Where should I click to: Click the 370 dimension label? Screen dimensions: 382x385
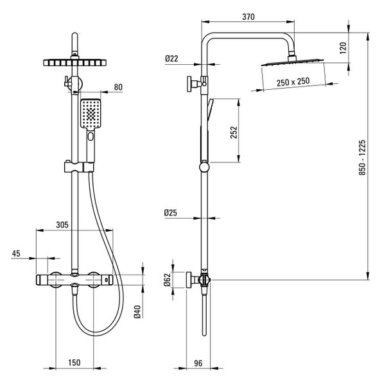(x=248, y=17)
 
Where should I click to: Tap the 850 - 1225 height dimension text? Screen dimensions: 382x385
(x=362, y=158)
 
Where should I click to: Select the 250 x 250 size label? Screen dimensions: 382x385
(x=293, y=81)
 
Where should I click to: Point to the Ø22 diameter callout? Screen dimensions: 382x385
(x=171, y=58)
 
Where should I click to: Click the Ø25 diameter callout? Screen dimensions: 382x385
(x=171, y=212)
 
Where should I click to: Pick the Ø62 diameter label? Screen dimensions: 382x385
(x=167, y=280)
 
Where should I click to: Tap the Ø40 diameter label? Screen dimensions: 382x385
(x=137, y=312)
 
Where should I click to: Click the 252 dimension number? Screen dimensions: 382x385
(x=234, y=132)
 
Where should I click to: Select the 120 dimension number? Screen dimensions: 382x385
(x=343, y=48)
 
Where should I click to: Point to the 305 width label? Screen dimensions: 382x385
(x=62, y=225)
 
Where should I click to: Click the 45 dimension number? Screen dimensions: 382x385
(x=16, y=253)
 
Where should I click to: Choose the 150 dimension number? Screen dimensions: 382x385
(x=74, y=363)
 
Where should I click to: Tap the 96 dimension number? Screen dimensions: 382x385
(x=198, y=363)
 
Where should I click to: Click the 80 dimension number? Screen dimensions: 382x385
(x=118, y=87)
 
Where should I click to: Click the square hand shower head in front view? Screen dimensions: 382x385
(x=91, y=114)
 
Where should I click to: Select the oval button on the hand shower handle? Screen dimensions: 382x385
(x=91, y=136)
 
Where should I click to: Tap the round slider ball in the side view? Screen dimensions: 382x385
(x=204, y=167)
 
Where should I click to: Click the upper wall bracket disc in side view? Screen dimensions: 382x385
(x=189, y=84)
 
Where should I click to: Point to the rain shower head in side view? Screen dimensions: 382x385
(x=292, y=62)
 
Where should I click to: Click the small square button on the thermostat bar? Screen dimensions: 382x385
(x=107, y=279)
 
